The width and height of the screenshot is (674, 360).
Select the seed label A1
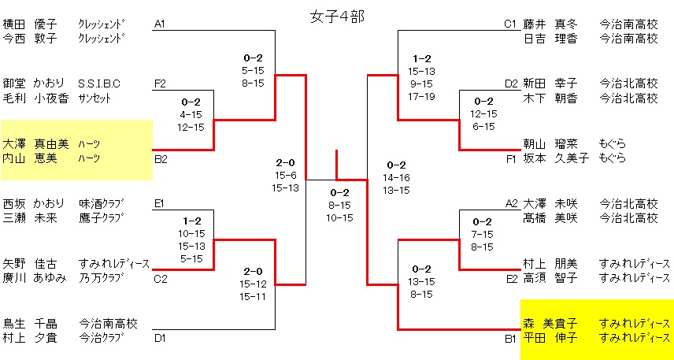tap(160, 24)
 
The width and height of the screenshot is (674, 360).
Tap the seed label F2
tap(160, 83)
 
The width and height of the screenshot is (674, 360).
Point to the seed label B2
tap(160, 158)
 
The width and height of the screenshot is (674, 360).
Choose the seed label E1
tap(160, 203)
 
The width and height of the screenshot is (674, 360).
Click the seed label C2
tap(160, 277)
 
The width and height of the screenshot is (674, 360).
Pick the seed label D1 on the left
tap(160, 338)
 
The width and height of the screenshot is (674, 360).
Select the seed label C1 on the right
tap(510, 24)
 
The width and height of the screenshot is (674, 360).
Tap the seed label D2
tap(511, 83)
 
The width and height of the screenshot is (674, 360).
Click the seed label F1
tap(510, 158)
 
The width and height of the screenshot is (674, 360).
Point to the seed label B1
tap(510, 338)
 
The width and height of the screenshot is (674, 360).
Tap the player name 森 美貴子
tap(550, 323)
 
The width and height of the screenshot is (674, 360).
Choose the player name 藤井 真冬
tap(551, 24)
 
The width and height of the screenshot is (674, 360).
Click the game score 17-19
tap(421, 96)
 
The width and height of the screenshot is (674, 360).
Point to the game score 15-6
tap(285, 175)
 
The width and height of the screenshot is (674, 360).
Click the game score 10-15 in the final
tap(339, 217)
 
